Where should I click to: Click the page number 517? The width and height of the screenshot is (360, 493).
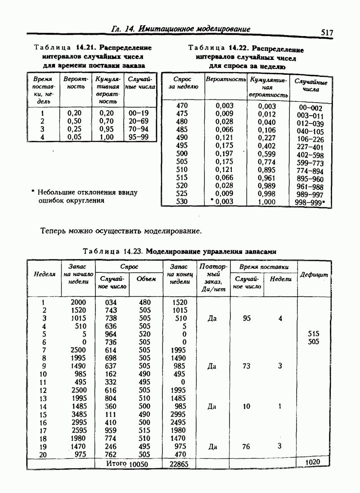pos(327,33)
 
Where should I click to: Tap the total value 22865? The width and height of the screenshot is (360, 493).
pos(179,464)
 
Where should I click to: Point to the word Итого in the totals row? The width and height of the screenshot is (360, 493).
pos(116,463)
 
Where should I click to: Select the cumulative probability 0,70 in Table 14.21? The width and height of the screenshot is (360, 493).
pos(107,121)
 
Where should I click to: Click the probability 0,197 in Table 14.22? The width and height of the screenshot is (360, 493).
pos(225,154)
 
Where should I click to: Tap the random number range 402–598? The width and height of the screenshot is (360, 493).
pos(311,155)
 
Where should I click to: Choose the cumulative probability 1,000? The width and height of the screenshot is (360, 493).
pos(267,202)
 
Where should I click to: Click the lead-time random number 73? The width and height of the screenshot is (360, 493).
pos(246,366)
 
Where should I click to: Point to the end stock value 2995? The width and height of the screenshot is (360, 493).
pos(179,414)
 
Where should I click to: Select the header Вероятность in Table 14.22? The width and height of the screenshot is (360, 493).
pos(226,79)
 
